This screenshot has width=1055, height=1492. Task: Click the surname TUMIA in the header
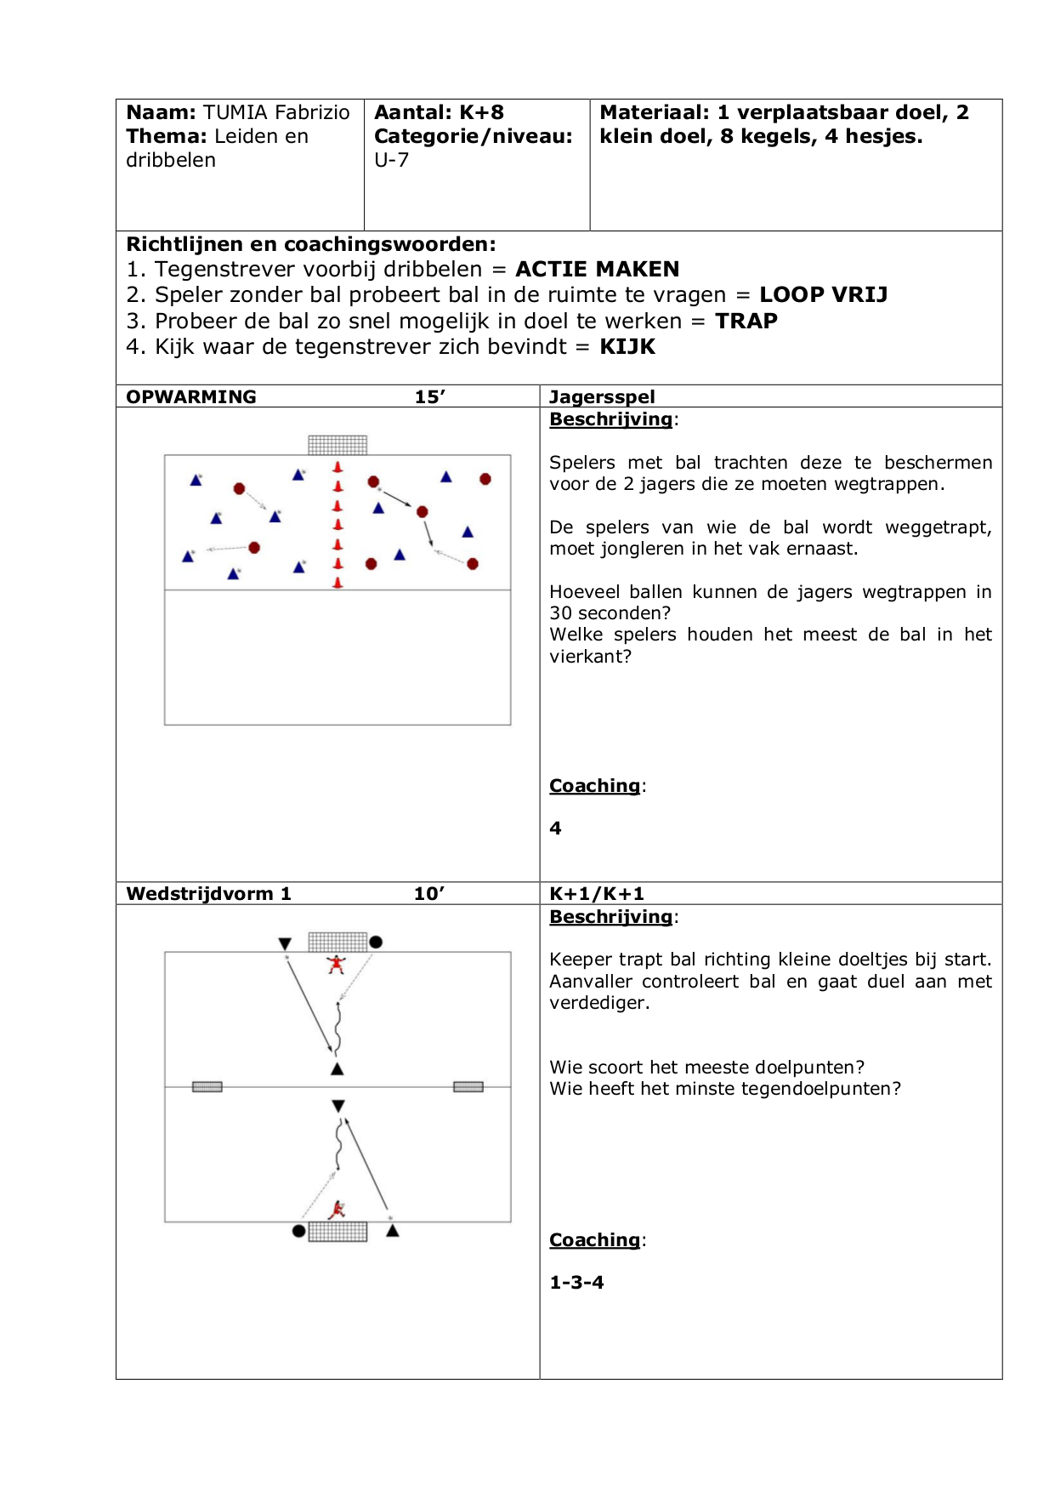pos(235,112)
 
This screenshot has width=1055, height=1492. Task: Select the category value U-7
pos(391,160)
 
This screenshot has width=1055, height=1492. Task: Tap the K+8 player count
pos(481,112)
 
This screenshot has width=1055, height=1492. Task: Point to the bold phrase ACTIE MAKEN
pos(597,269)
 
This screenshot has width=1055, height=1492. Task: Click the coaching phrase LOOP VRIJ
pos(823,294)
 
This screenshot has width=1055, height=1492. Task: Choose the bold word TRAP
pos(746,321)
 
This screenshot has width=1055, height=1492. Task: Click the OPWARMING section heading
pos(191,396)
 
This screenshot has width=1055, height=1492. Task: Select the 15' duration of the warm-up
pos(430,396)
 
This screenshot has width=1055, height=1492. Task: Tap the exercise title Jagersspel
pos(602,396)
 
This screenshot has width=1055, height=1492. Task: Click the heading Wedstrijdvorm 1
pos(208,893)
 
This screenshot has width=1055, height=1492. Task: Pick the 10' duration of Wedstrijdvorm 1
pos(429,893)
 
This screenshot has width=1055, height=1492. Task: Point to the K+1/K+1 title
pos(597,893)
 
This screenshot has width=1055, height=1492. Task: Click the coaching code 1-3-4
pos(576,1282)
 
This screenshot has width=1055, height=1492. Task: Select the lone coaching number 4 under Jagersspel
pos(555,828)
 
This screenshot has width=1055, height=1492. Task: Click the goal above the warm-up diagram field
pos(337,444)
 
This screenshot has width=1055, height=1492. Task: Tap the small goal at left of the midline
pos(207,1086)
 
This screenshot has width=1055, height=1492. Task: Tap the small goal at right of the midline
pos(468,1086)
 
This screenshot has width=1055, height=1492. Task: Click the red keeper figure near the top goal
pos(337,964)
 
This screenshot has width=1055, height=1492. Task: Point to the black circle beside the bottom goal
pos(298,1231)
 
